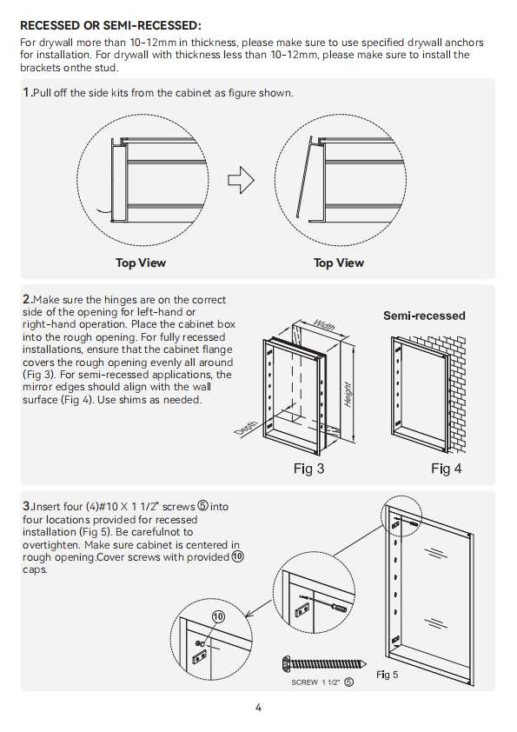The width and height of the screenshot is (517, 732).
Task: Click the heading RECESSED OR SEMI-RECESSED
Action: click(110, 25)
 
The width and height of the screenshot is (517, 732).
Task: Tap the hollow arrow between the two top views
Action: click(241, 180)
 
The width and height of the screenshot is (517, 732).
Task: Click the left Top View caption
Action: click(141, 263)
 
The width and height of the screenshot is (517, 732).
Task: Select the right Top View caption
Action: click(338, 263)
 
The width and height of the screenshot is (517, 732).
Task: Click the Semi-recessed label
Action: click(424, 316)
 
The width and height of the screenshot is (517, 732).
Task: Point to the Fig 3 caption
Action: click(308, 469)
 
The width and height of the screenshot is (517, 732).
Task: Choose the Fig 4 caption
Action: click(446, 469)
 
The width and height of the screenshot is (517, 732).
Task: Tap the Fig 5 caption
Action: click(387, 675)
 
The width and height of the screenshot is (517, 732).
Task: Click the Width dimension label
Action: click(324, 324)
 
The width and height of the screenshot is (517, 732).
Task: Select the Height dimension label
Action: click(348, 395)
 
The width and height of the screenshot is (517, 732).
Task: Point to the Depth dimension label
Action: click(246, 429)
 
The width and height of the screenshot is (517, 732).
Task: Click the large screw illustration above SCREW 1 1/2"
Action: click(324, 664)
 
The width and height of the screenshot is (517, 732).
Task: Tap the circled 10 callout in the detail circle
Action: click(218, 617)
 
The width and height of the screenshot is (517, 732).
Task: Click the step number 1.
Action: click(27, 92)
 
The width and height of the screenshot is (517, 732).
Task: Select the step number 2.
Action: click(27, 299)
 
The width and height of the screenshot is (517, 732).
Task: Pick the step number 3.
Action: click(27, 506)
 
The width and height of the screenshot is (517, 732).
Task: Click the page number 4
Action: click(259, 708)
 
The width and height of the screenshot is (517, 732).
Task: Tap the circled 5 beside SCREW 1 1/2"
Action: click(348, 682)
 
